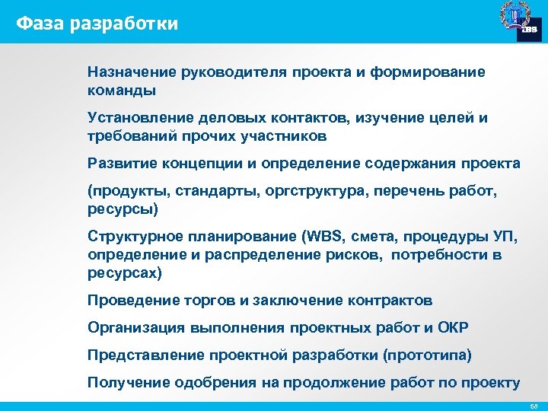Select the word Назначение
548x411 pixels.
pos(132,72)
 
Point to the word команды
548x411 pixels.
pos(122,91)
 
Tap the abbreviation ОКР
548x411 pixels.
pos(454,328)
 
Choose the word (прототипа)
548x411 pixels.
pos(428,355)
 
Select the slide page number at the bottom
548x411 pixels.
pos(534,403)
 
